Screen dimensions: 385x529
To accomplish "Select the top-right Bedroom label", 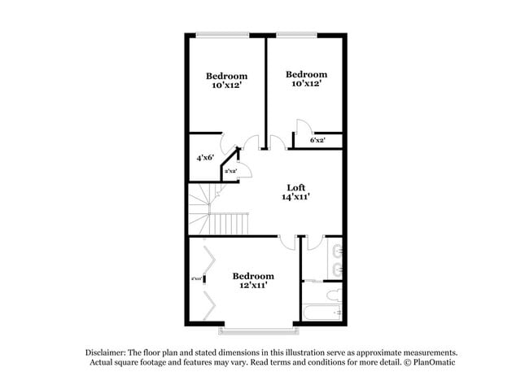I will pyautogui.click(x=306, y=73).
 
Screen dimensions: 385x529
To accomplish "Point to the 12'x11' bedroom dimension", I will pyautogui.click(x=253, y=286).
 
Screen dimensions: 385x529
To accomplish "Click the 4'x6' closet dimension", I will pyautogui.click(x=205, y=158).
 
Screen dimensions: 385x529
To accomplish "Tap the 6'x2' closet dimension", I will pyautogui.click(x=317, y=140).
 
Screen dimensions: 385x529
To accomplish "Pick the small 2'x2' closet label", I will pyautogui.click(x=230, y=171).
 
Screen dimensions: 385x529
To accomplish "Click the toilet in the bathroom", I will pyautogui.click(x=333, y=295).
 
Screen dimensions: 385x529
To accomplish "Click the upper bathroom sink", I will pyautogui.click(x=337, y=250).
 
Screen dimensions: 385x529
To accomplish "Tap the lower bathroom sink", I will pyautogui.click(x=337, y=269).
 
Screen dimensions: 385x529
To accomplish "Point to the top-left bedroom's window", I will pyautogui.click(x=222, y=34).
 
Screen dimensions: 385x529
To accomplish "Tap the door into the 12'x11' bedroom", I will pyautogui.click(x=286, y=242).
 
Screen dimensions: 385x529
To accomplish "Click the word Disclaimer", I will pyautogui.click(x=111, y=352).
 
